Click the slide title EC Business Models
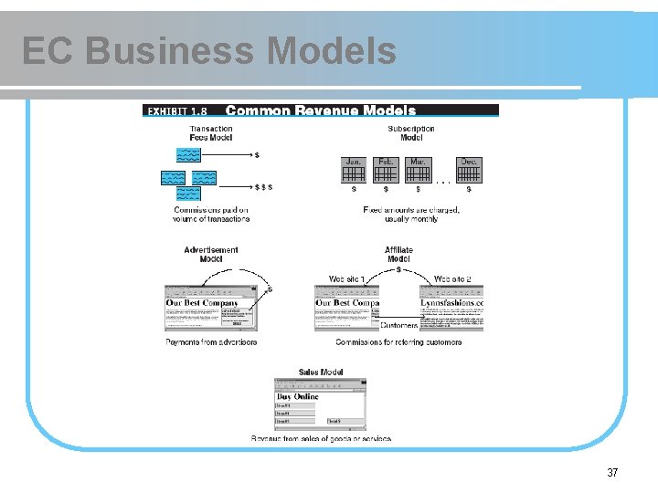coord(209,51)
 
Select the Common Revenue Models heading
coord(320,110)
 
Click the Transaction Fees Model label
coord(211,132)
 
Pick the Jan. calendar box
coord(354,171)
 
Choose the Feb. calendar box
coord(386,171)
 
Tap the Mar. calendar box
coord(418,171)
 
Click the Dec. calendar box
coord(469,171)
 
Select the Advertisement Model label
coord(211,254)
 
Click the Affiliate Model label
coord(398,254)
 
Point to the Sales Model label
coord(321,372)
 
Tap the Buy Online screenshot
coord(321,404)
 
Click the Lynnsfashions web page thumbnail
coord(451,308)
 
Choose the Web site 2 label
coord(452,278)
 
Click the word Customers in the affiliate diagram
coord(399,325)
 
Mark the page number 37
coord(612,473)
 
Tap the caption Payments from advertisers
coord(211,342)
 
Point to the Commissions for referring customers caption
coord(398,342)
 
